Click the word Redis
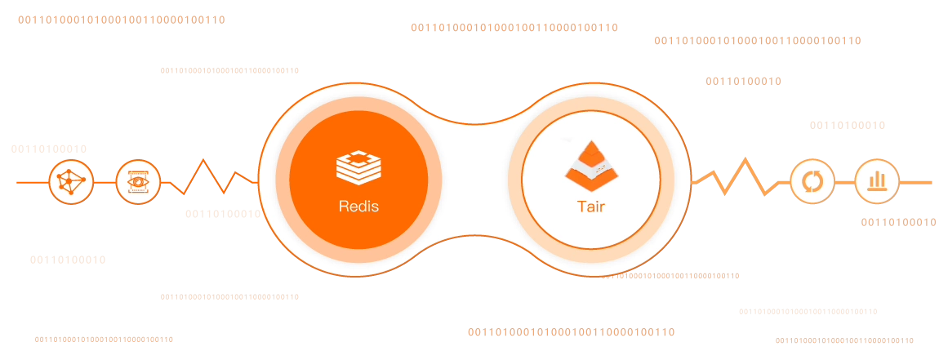(x=358, y=207)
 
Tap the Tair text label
(x=590, y=207)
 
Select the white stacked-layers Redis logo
(x=358, y=167)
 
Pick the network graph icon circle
(x=71, y=181)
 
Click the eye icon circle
(x=138, y=181)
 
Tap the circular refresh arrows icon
(x=812, y=181)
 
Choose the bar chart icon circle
(x=878, y=181)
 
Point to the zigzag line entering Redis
(x=211, y=178)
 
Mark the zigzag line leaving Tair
(x=739, y=178)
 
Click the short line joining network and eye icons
(x=105, y=181)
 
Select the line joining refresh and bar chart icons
(x=845, y=181)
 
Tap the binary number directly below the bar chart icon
(x=900, y=222)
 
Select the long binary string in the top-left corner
(x=121, y=20)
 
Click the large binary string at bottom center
(x=571, y=333)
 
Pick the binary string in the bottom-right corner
(x=843, y=340)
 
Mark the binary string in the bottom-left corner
(x=104, y=339)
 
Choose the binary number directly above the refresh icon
(x=848, y=125)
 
